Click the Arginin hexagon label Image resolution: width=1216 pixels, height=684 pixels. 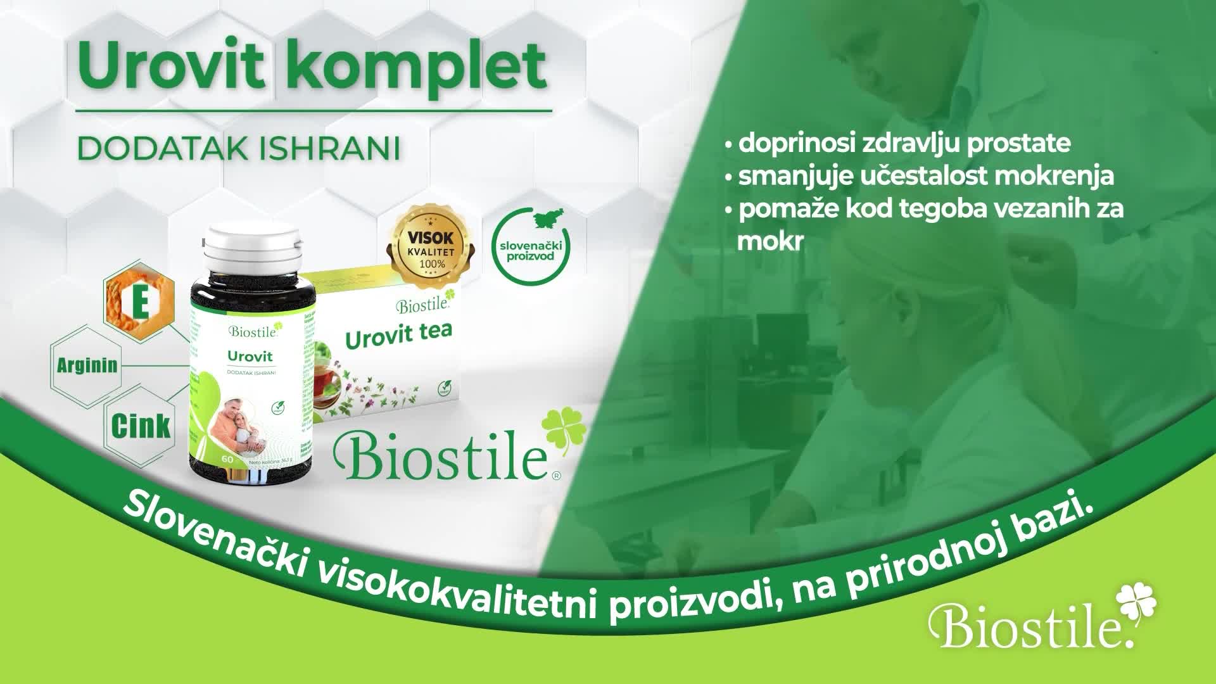(87, 365)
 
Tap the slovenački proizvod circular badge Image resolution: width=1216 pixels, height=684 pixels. (531, 244)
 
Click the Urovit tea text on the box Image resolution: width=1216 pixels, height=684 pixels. (398, 336)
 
